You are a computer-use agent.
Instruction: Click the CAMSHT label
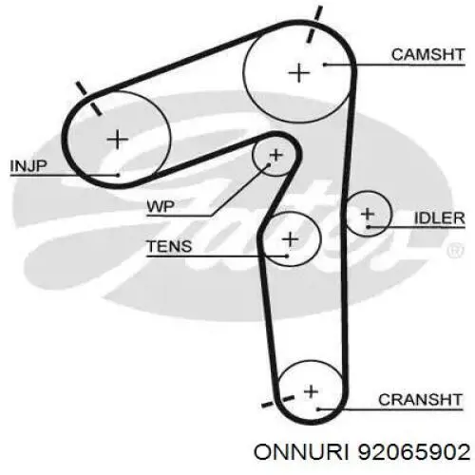427,54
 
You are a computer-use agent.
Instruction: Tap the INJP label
28,166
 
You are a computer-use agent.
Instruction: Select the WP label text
161,207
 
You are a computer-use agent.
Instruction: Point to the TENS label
169,246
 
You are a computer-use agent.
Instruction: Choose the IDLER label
440,218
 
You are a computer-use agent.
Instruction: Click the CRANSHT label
420,400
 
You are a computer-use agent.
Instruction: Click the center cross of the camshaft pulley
299,73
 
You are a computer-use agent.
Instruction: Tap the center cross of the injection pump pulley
118,139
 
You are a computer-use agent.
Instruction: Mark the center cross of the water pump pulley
275,155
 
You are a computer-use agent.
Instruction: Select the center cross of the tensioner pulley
290,239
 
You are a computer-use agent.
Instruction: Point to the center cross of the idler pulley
368,214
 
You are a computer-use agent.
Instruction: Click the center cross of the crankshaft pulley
311,391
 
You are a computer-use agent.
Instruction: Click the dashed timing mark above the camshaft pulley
314,24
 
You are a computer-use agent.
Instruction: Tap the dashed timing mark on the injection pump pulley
88,98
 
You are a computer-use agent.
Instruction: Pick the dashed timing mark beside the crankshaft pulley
277,401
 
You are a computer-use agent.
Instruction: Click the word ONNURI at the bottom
301,451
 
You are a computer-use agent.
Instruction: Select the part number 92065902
414,451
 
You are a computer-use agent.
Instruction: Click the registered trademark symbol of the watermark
455,250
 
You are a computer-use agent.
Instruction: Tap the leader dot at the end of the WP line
269,165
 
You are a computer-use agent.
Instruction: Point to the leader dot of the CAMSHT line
325,65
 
